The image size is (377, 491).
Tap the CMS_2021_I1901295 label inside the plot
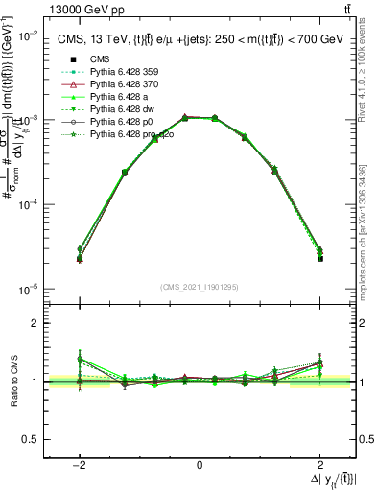tap(200, 287)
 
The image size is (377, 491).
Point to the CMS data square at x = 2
tap(319, 258)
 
